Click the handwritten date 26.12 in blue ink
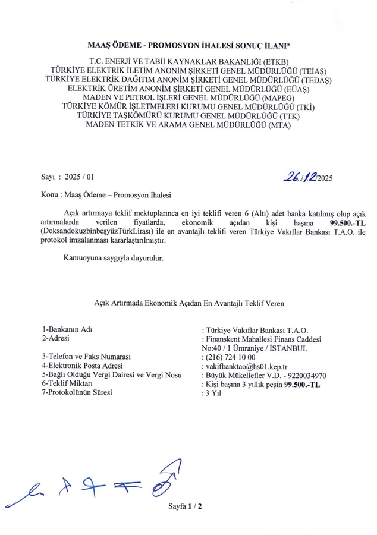point(301,176)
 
